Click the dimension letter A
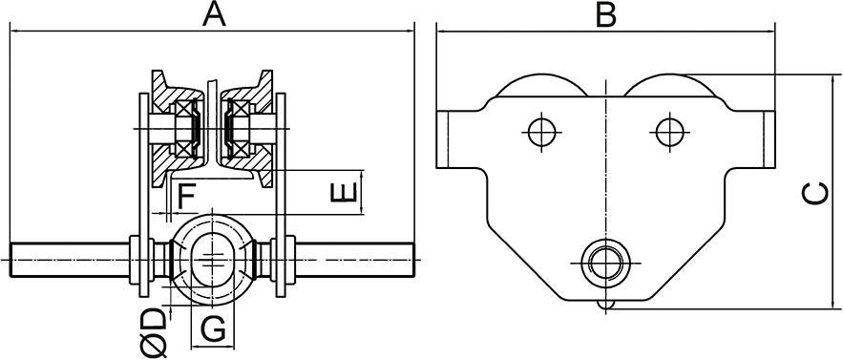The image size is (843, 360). pyautogui.click(x=214, y=14)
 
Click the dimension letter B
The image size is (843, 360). pyautogui.click(x=606, y=14)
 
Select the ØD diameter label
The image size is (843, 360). pyautogui.click(x=155, y=332)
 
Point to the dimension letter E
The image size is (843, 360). pyautogui.click(x=344, y=192)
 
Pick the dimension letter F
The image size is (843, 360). pyautogui.click(x=186, y=197)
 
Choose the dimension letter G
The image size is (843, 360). pyautogui.click(x=213, y=329)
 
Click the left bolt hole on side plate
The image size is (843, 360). pyautogui.click(x=541, y=132)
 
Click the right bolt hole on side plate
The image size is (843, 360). pyautogui.click(x=670, y=132)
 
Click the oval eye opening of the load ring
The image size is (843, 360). pyautogui.click(x=213, y=259)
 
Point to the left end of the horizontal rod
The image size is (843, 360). pyautogui.click(x=11, y=260)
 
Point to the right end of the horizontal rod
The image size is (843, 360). pyautogui.click(x=413, y=260)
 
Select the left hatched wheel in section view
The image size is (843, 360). pyautogui.click(x=172, y=129)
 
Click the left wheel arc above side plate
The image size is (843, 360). pyautogui.click(x=541, y=75)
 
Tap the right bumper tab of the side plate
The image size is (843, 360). pyautogui.click(x=769, y=139)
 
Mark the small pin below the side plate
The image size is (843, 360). pyautogui.click(x=606, y=306)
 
